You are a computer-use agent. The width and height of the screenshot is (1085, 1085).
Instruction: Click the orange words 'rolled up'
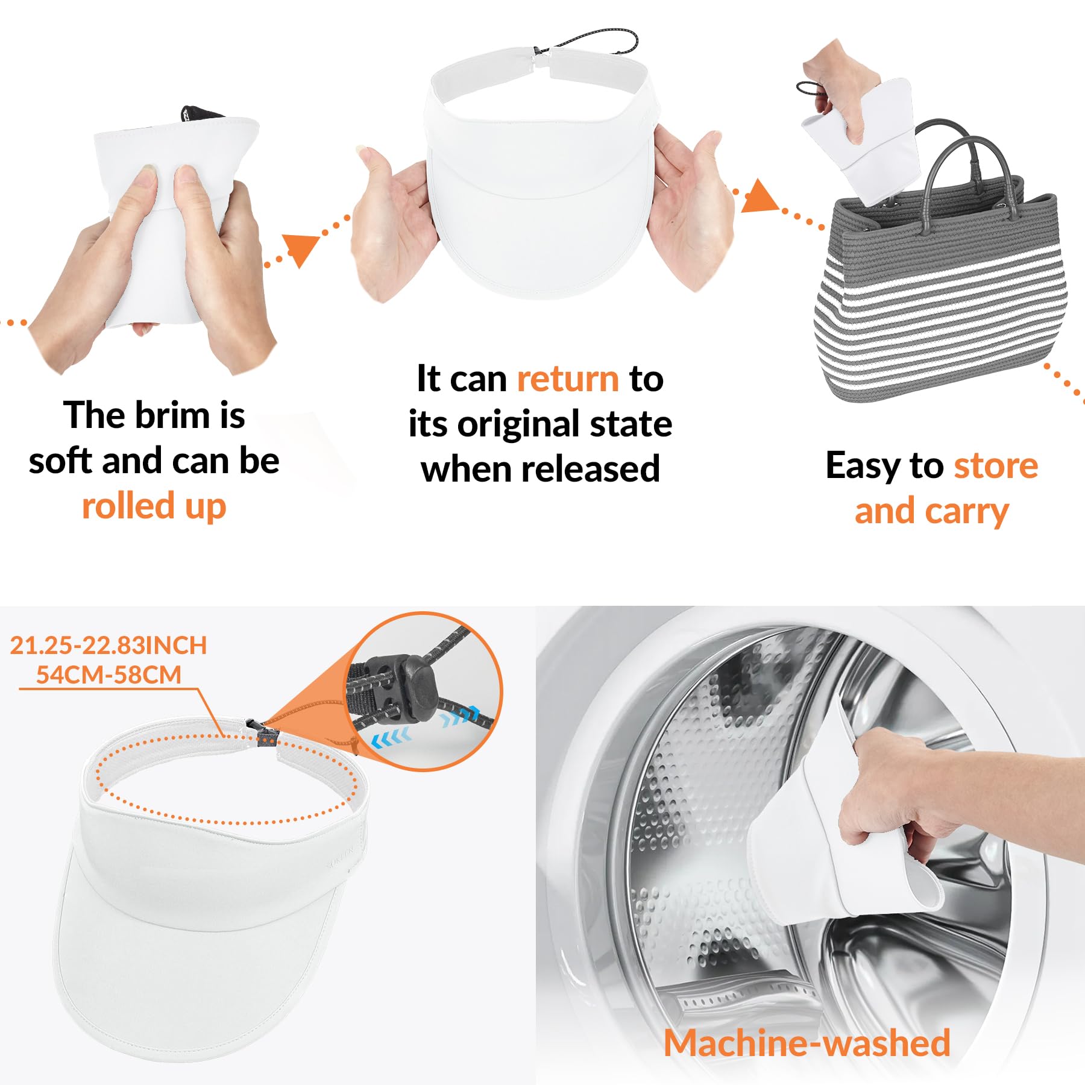pyautogui.click(x=154, y=506)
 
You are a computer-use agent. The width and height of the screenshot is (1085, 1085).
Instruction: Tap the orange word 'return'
pyautogui.click(x=568, y=379)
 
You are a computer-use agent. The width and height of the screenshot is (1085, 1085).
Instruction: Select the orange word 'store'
pyautogui.click(x=996, y=466)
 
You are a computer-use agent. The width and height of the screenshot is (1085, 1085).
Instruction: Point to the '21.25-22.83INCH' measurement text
pyautogui.click(x=108, y=646)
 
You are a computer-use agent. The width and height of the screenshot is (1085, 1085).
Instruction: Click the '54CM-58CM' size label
pyautogui.click(x=108, y=675)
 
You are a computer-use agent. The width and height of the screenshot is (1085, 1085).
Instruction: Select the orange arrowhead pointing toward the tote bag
pyautogui.click(x=759, y=196)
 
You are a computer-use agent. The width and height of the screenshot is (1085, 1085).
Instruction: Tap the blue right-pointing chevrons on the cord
pyautogui.click(x=461, y=715)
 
